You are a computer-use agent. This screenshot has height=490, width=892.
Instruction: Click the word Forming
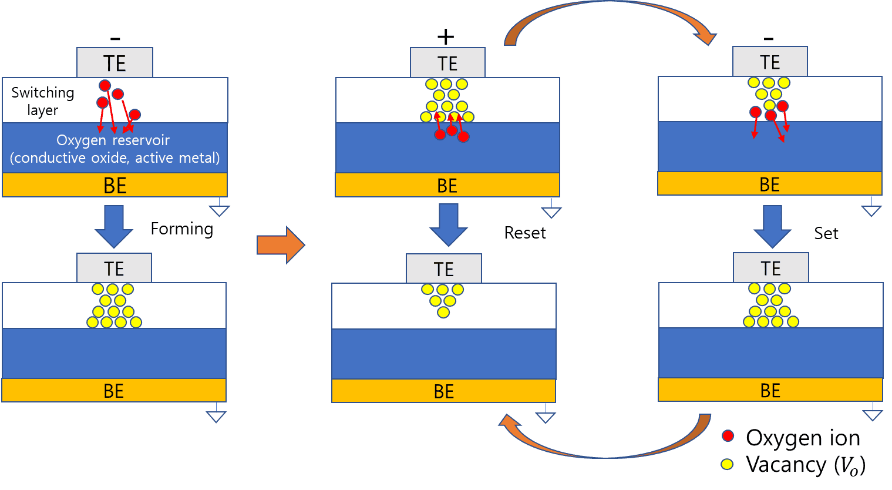[x=182, y=230]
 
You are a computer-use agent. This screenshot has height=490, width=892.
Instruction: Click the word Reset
[x=525, y=233]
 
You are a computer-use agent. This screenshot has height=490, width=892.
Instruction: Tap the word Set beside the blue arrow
[x=826, y=233]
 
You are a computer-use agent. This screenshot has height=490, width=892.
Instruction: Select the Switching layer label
[x=43, y=101]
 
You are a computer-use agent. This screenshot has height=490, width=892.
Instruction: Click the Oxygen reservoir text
[x=113, y=140]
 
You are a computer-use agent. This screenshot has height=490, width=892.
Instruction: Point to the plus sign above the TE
[x=446, y=36]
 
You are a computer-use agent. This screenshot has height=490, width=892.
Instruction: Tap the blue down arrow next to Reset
[x=449, y=225]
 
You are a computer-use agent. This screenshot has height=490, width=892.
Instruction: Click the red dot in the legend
[x=728, y=436]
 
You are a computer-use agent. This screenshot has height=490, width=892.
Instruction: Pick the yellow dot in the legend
[x=727, y=464]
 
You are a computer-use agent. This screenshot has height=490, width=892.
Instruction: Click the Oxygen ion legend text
[x=803, y=438]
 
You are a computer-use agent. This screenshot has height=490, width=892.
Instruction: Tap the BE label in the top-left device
[x=115, y=186]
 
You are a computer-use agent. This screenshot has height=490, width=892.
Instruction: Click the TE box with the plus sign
[x=447, y=62]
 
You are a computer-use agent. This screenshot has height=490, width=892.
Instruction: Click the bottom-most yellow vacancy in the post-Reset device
[x=443, y=312]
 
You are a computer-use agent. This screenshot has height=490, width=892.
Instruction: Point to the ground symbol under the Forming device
[x=216, y=412]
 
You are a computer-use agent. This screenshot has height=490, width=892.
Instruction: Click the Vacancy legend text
[x=806, y=465]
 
